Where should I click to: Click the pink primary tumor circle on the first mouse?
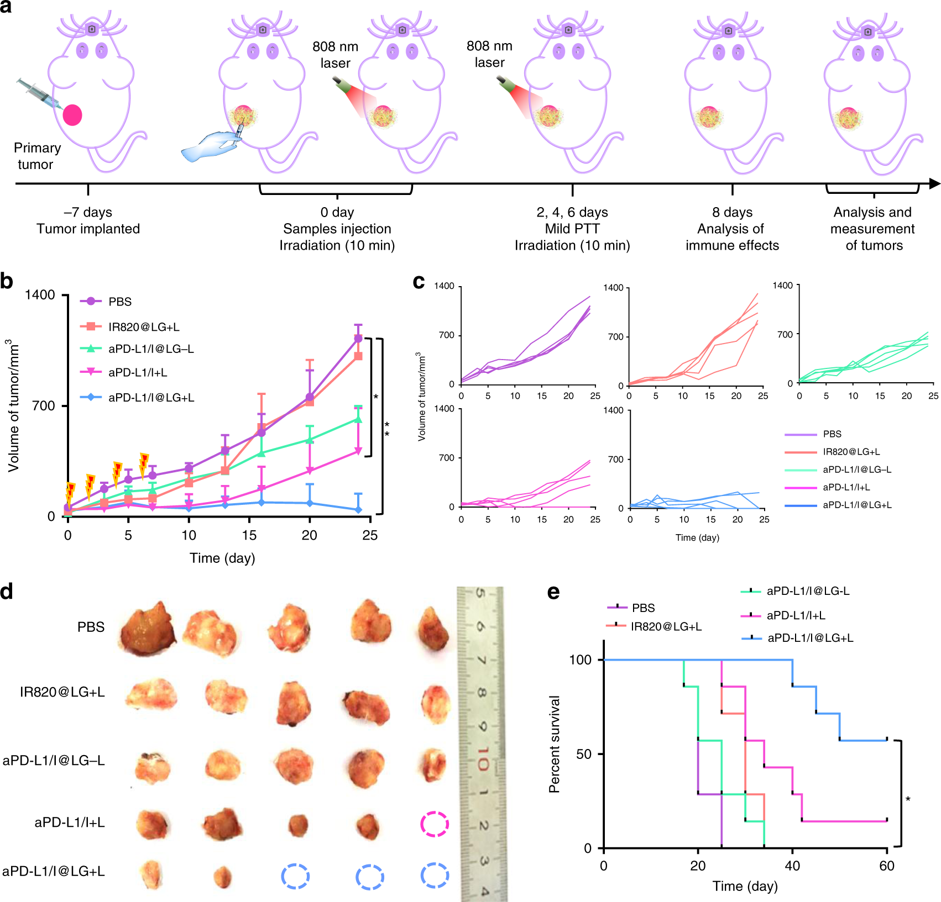[72, 115]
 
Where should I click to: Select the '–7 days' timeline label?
[88, 213]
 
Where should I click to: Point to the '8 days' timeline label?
[732, 213]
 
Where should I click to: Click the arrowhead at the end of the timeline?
[934, 183]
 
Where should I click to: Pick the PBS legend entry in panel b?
[119, 302]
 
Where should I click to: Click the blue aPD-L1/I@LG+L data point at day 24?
[359, 509]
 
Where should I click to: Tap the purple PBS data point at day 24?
[358, 339]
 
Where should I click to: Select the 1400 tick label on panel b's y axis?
[40, 295]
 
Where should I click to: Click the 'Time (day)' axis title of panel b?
[222, 558]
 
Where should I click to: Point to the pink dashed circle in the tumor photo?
[434, 824]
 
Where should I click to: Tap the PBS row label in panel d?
[91, 627]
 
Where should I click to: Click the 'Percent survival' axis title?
[554, 744]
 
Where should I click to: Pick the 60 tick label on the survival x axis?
[887, 866]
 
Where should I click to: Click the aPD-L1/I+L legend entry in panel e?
[796, 615]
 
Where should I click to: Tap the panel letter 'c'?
[419, 282]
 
